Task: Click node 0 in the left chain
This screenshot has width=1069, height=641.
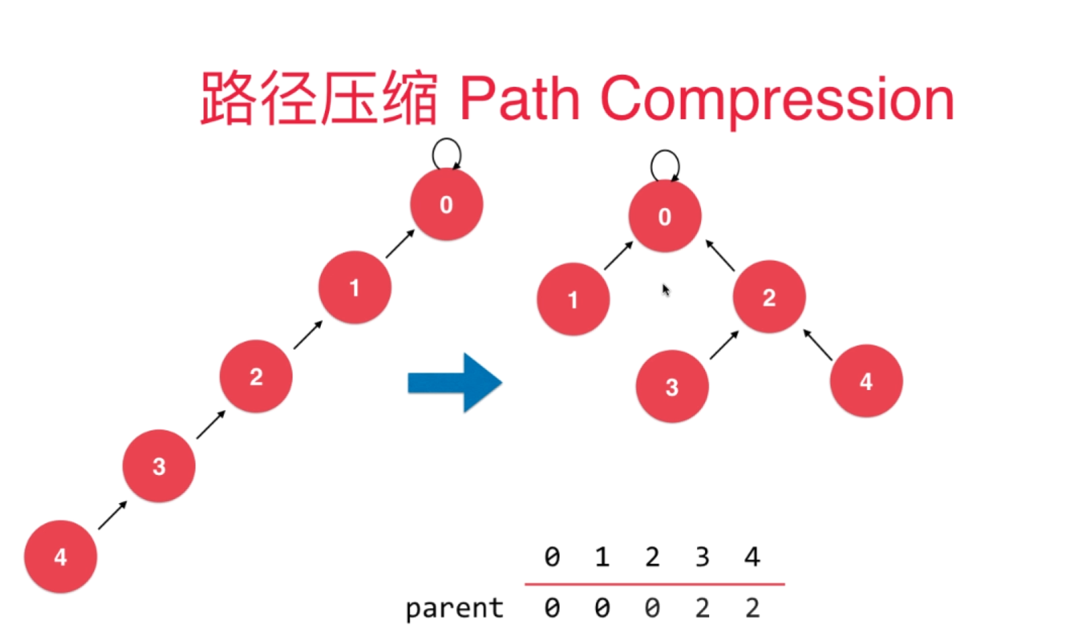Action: (x=447, y=204)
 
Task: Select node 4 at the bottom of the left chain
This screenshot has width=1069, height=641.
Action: (x=61, y=556)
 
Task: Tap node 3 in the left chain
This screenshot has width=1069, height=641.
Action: (x=159, y=466)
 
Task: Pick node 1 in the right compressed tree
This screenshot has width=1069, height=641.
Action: (x=573, y=299)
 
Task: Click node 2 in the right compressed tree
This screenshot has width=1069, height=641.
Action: (x=770, y=297)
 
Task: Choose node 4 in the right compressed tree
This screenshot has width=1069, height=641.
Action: (x=867, y=381)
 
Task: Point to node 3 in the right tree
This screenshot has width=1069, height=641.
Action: (x=672, y=387)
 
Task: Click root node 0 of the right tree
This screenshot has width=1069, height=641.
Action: (x=665, y=216)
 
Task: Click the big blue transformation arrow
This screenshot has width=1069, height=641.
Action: (x=455, y=383)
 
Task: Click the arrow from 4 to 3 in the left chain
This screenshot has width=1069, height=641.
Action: (x=112, y=515)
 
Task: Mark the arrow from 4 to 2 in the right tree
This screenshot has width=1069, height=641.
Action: (x=818, y=344)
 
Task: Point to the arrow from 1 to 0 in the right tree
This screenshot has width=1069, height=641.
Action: (x=618, y=256)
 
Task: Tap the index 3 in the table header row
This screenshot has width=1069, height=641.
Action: (x=702, y=556)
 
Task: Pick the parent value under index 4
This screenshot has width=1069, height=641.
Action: (x=753, y=608)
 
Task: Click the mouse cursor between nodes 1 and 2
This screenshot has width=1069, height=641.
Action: (x=666, y=290)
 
